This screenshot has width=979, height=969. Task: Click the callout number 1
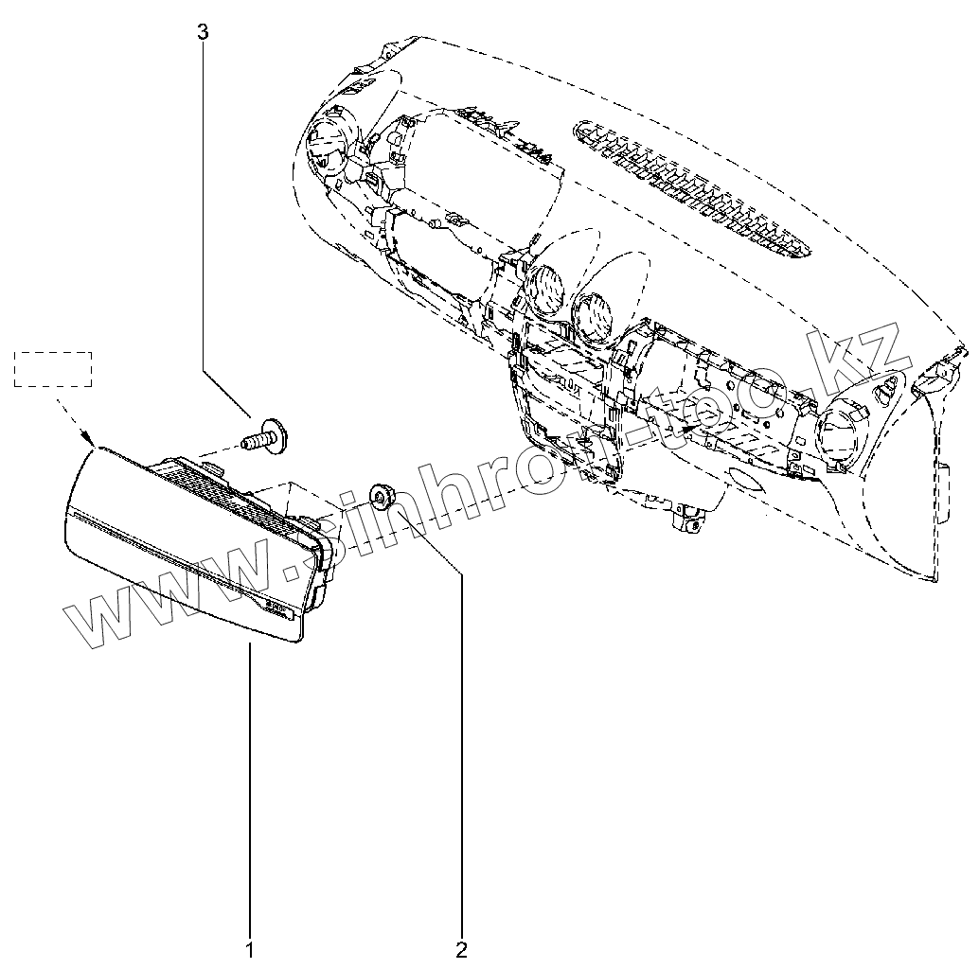tap(249, 948)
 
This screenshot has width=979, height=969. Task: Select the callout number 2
tap(462, 948)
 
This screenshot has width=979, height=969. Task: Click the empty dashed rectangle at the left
tap(53, 369)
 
